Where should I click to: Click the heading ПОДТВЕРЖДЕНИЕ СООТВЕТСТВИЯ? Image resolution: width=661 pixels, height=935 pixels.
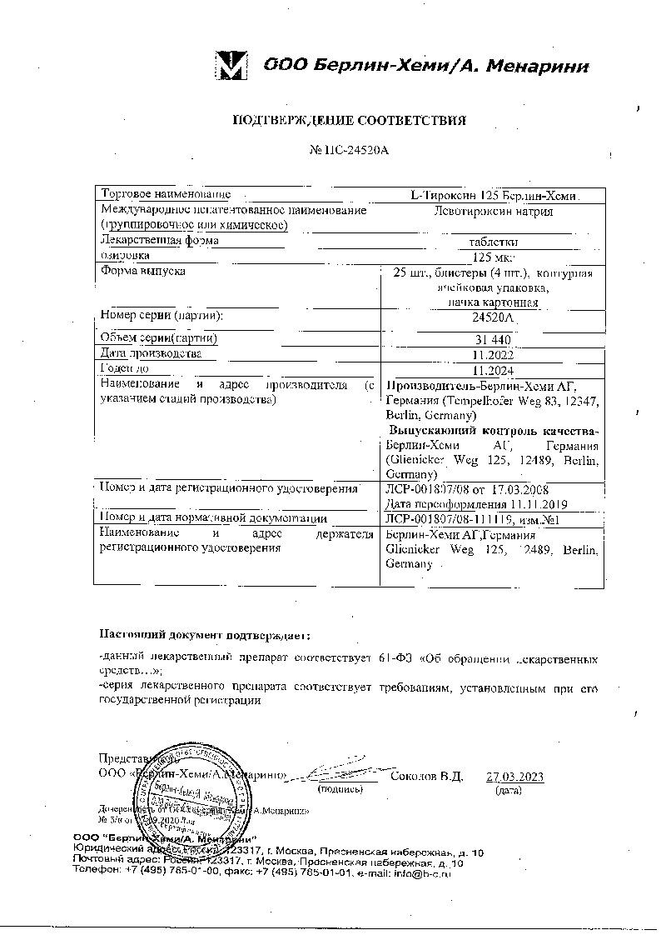point(349,121)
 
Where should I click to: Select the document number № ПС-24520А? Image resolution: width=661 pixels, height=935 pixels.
point(349,151)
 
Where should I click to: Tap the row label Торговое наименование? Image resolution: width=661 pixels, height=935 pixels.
point(166,194)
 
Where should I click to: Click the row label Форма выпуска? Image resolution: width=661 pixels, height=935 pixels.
point(143,272)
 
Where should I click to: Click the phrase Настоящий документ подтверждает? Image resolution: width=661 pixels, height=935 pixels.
point(204,636)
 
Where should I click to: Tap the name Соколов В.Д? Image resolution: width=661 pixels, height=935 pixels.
point(426,777)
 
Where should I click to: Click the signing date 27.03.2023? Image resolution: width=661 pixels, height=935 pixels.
point(514,777)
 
